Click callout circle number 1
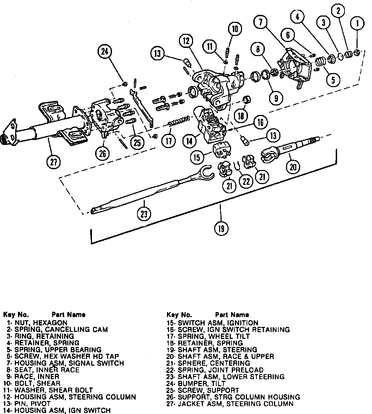(358, 24)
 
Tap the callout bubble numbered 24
(105, 52)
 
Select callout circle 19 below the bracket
(221, 229)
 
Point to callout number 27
(54, 162)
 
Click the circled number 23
(144, 214)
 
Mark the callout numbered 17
(168, 141)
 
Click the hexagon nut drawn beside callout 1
(356, 53)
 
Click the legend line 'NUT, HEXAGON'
(37, 323)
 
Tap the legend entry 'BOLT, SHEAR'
(33, 383)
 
